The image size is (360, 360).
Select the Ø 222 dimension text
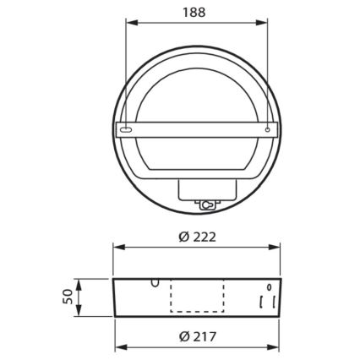[197, 237]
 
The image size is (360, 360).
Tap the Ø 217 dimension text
[197, 337]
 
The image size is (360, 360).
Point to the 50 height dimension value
[66, 295]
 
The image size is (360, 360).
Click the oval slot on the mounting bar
[126, 131]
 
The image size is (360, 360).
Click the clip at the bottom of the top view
[205, 203]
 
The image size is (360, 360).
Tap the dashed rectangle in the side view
[197, 296]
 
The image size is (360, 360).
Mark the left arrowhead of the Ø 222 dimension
[117, 248]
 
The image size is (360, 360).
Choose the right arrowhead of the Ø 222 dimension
[277, 248]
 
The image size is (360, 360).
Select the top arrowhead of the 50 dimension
[79, 282]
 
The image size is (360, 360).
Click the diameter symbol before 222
[183, 237]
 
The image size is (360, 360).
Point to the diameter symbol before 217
[183, 337]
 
